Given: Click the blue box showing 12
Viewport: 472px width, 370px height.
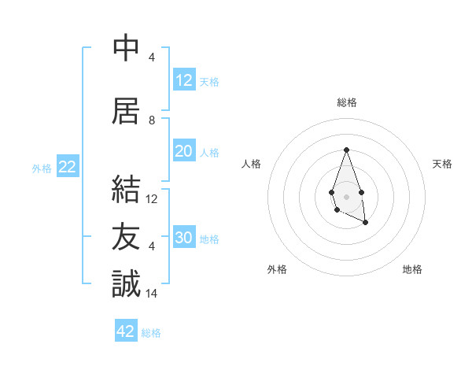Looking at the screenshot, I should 184,80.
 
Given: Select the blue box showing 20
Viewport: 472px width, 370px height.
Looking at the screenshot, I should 184,151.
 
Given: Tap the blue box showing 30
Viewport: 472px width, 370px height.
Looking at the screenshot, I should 184,238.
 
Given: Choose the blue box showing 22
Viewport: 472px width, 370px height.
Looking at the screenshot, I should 67,167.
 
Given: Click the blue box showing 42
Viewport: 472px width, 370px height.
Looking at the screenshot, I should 126,331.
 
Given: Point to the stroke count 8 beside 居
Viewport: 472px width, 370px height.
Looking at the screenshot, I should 152,120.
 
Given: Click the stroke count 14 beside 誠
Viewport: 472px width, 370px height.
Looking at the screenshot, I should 153,294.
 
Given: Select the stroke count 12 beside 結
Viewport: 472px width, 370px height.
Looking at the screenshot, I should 153,199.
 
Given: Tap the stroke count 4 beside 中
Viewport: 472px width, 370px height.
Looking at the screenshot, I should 152,57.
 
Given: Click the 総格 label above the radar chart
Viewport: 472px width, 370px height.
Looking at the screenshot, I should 346,102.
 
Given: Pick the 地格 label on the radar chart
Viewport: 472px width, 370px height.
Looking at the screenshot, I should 412,269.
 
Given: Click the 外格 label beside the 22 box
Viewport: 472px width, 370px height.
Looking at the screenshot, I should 42,168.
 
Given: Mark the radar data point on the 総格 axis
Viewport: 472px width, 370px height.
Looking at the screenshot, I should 346,150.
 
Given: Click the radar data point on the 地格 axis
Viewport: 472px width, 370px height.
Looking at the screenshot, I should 366,223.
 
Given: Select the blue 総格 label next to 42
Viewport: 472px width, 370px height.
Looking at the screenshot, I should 151,333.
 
